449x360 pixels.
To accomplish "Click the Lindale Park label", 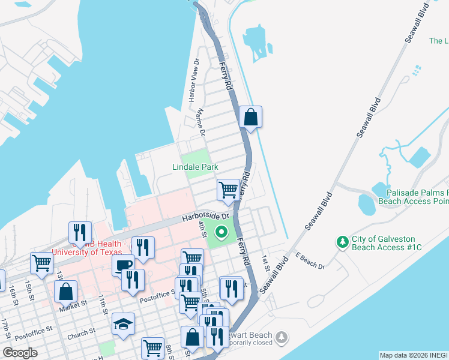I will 195,167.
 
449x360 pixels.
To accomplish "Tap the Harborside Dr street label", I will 206,217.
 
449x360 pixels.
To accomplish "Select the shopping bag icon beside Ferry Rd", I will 251,118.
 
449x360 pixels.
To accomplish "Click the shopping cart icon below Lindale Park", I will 228,190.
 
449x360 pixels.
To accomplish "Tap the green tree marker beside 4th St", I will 221,232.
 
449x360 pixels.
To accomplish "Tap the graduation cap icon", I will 124,324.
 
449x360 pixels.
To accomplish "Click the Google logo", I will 20,352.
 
